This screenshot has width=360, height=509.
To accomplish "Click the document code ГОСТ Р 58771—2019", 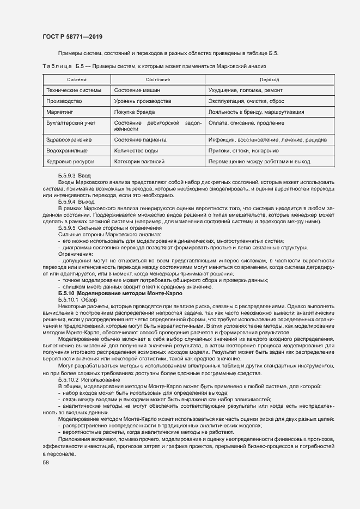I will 72,36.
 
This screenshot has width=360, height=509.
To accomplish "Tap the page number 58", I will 46,462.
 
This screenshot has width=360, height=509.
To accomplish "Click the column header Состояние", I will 157,79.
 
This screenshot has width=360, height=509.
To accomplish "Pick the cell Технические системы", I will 74,90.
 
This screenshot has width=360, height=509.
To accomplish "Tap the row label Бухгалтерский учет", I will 71,123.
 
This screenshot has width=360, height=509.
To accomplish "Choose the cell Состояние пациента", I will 141,140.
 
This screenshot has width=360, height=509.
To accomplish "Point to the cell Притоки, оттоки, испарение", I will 243,151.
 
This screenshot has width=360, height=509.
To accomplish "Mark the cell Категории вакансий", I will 139,162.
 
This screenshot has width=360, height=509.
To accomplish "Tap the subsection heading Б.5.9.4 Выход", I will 76,201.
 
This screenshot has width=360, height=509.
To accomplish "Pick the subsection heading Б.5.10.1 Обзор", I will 78,299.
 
